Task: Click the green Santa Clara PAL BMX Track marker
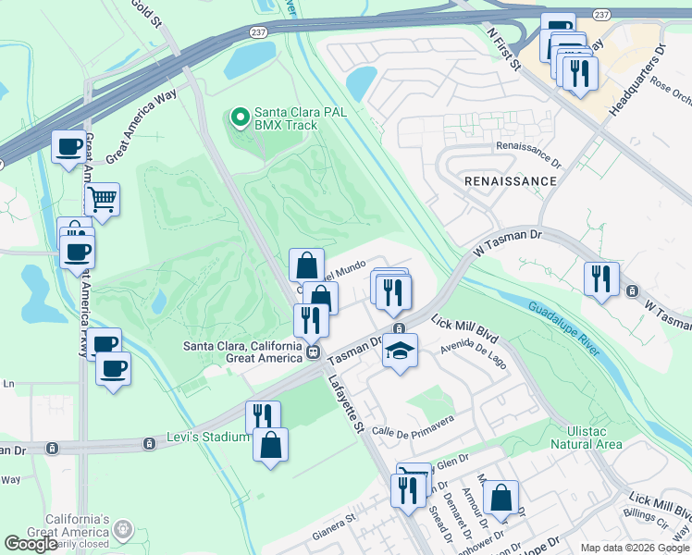coord(240,117)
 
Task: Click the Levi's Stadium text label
coord(208,437)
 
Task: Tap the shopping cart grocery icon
coord(102,198)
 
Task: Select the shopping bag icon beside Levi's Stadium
coord(270,446)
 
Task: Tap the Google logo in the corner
coord(31,544)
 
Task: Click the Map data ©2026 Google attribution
coord(635,548)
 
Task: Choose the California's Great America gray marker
coord(122,530)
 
